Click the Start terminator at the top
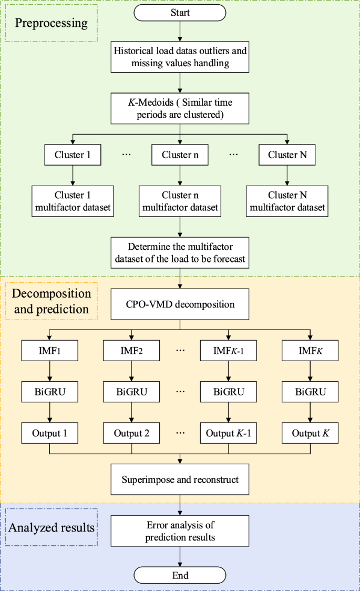point(180,13)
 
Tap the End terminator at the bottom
point(180,576)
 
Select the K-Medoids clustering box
point(180,108)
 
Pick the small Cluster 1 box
point(73,155)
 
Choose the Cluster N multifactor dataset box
point(287,201)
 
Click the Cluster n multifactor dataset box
point(180,201)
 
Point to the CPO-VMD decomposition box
point(180,304)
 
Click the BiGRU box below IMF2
point(132,391)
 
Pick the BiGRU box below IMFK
point(310,391)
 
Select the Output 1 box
point(49,435)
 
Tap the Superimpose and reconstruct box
point(180,480)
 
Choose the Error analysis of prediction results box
point(180,530)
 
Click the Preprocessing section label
point(51,24)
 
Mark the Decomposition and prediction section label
point(52,301)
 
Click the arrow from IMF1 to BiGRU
point(49,370)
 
